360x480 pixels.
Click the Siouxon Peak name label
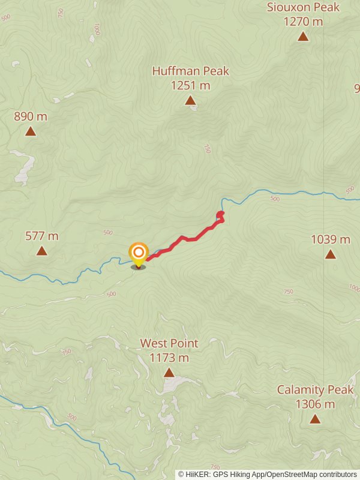tap(304, 8)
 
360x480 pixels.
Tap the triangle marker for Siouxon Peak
tap(304, 37)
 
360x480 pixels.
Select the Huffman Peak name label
tap(190, 71)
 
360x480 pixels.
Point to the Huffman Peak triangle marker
tap(190, 100)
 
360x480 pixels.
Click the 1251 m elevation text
tap(190, 86)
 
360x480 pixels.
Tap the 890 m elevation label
tap(31, 116)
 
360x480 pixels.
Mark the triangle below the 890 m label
tap(31, 131)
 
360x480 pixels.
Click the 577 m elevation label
tap(42, 236)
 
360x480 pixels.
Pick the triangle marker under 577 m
tap(42, 251)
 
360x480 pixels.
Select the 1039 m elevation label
tap(331, 240)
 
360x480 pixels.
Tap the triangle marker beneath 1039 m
tap(331, 254)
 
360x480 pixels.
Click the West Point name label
tap(169, 343)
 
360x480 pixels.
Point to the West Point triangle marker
tap(169, 373)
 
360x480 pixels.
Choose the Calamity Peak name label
tap(315, 390)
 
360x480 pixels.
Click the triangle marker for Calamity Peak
tap(315, 419)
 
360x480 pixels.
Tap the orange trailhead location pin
tap(139, 253)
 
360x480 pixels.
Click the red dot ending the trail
tap(220, 214)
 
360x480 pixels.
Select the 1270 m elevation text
tap(304, 22)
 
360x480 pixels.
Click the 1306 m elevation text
tap(315, 404)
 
